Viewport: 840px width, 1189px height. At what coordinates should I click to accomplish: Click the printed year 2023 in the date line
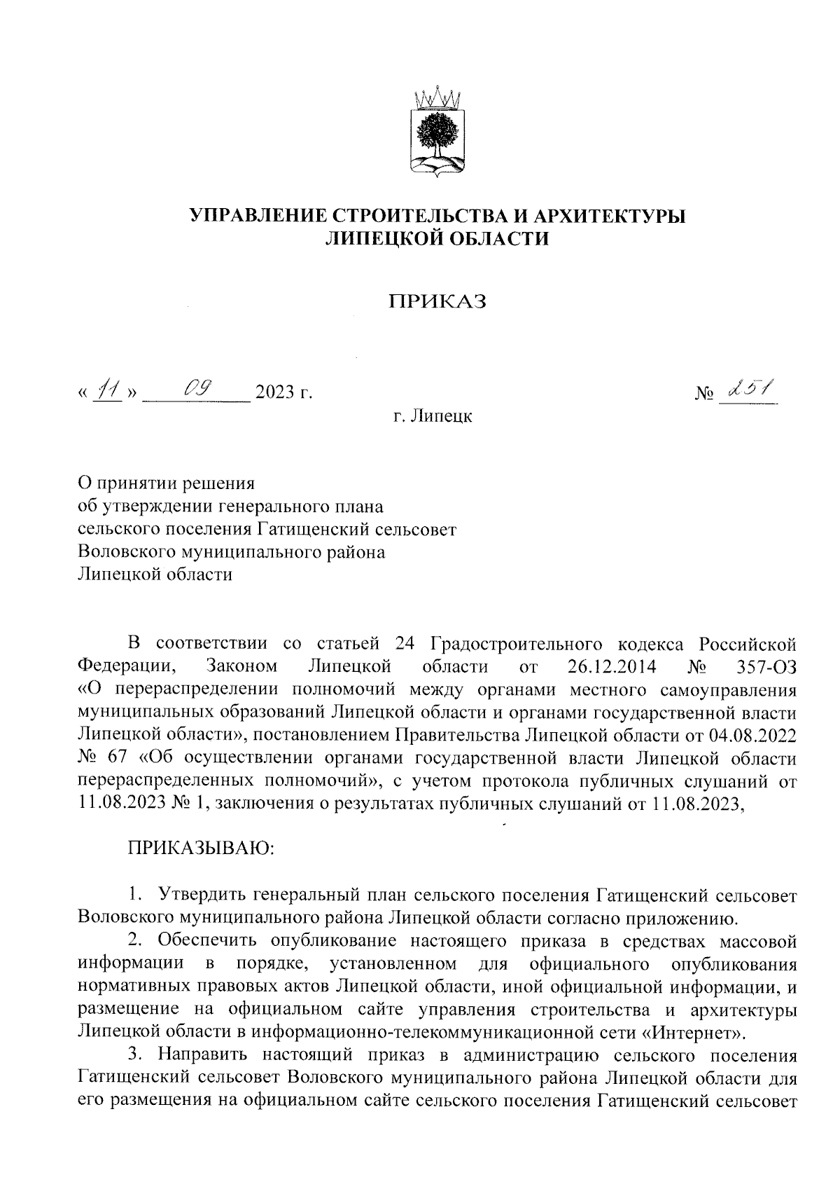[x=274, y=392]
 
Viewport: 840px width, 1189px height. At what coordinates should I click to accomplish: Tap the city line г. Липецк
[x=433, y=417]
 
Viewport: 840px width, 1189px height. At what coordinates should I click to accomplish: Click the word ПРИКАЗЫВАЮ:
[x=202, y=849]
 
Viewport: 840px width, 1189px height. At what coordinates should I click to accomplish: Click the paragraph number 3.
[x=134, y=1055]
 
